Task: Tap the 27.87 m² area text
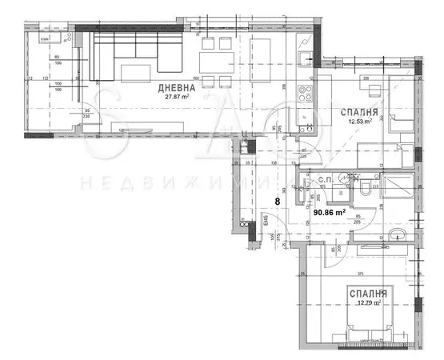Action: pyautogui.click(x=175, y=98)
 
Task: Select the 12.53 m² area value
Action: pyautogui.click(x=358, y=122)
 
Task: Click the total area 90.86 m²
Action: pyautogui.click(x=329, y=213)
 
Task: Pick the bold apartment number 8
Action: pyautogui.click(x=278, y=203)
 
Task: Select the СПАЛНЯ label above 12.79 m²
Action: pyautogui.click(x=367, y=294)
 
